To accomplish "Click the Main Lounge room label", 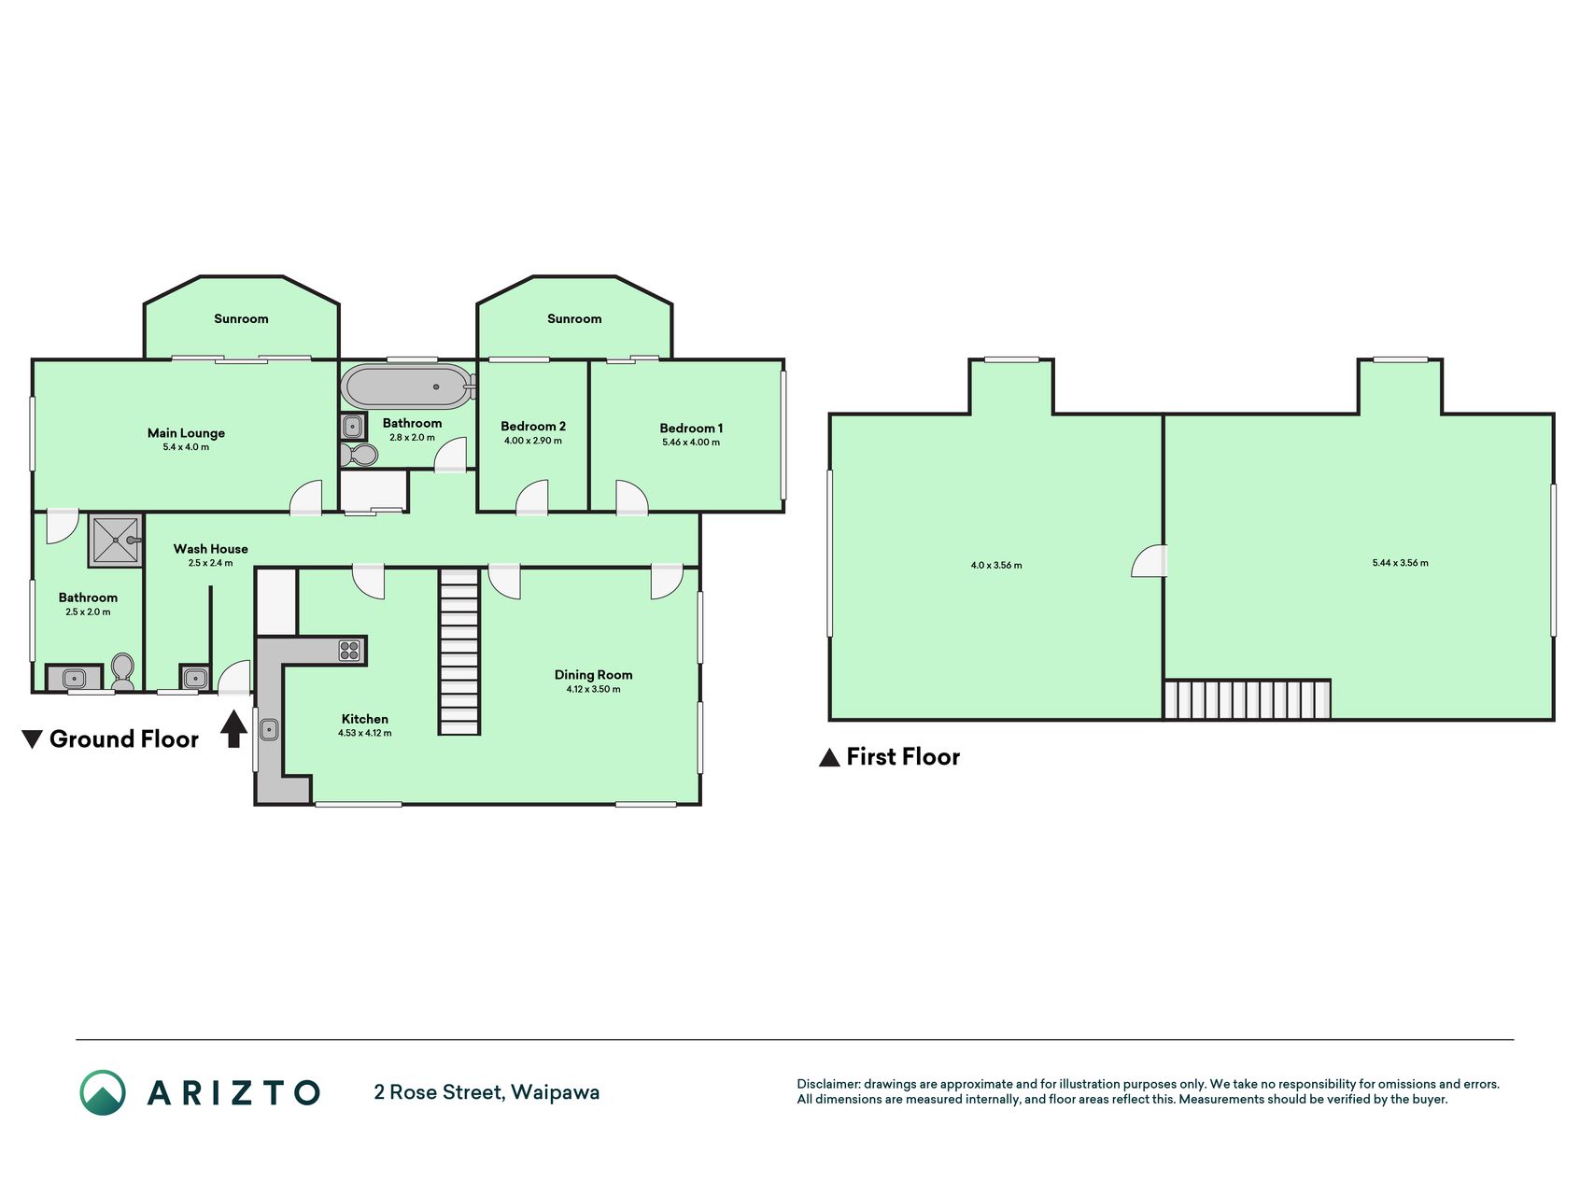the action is click(186, 432).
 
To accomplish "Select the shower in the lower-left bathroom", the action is click(116, 540).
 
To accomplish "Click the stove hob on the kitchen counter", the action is click(349, 651).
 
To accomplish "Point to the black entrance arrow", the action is click(233, 728).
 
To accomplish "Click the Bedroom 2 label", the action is click(533, 426).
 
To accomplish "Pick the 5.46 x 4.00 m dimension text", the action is click(691, 443).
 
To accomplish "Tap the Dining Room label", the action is click(593, 674).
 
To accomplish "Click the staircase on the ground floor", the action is click(459, 652).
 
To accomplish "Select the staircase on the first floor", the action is click(1247, 699).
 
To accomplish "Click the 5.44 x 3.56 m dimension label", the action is click(1400, 563).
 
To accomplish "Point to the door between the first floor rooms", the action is click(1150, 561).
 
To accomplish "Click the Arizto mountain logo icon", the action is click(103, 1092).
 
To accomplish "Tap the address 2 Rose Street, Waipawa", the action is click(487, 1092).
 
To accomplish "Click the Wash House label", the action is click(210, 549).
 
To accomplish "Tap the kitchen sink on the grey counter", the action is click(269, 728).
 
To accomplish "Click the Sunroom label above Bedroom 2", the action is click(574, 318).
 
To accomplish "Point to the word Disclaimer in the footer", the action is click(827, 1084).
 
